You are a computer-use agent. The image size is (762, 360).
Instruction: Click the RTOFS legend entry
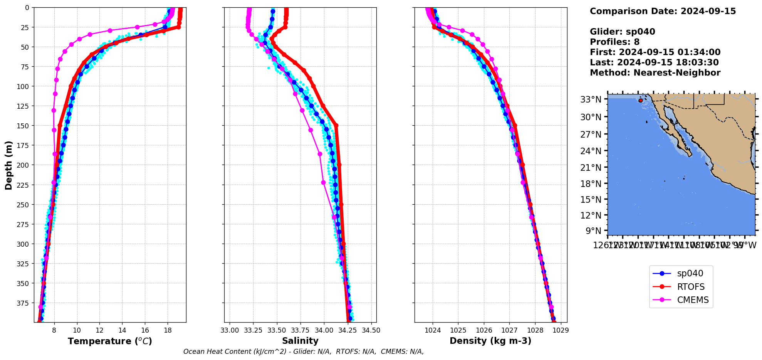[690, 287]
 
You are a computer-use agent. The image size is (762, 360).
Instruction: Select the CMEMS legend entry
[692, 300]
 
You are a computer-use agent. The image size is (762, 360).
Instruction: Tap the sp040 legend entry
[690, 274]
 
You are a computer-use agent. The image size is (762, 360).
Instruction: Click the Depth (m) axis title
[8, 165]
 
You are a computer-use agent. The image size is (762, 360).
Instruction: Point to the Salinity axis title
[300, 341]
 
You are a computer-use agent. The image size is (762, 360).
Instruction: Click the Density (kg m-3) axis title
[490, 341]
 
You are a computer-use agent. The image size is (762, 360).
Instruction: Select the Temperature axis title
[110, 341]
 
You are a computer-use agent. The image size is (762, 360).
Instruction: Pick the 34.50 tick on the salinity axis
[371, 330]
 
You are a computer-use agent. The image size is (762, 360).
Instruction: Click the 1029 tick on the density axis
[561, 330]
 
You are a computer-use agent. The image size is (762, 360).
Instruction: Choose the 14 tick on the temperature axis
[122, 330]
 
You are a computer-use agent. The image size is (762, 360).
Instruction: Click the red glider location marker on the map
[641, 100]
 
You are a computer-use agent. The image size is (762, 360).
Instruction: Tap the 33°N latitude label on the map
[591, 99]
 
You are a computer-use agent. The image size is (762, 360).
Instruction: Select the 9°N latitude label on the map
[593, 231]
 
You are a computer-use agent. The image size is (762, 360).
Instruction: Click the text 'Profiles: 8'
[614, 42]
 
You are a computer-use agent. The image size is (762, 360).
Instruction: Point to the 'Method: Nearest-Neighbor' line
[655, 73]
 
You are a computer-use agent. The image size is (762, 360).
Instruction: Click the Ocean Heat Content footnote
[304, 352]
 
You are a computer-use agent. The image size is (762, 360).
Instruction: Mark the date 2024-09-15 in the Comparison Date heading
[708, 11]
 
